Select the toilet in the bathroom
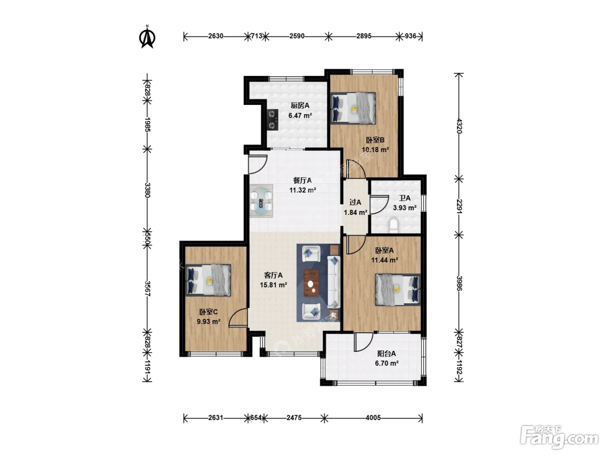tap(393, 224)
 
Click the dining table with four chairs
tap(261, 201)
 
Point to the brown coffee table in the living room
tap(311, 283)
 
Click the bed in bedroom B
tap(353, 108)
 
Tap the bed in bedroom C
tap(208, 280)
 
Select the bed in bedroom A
tap(397, 289)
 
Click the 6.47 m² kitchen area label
tap(300, 115)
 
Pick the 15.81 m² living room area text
tap(273, 285)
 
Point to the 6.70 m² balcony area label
tap(387, 363)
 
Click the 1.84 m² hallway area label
tap(355, 212)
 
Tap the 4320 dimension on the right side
tap(459, 126)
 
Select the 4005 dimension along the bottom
tap(373, 417)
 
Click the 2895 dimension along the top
tap(364, 36)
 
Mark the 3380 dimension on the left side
tap(147, 190)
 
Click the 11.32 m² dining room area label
tap(303, 190)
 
